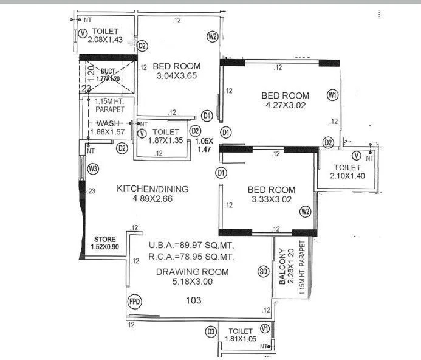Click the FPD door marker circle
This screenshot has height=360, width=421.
coord(134,302)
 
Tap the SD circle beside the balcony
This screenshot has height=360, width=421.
coord(263,271)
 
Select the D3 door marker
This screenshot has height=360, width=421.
coord(211,331)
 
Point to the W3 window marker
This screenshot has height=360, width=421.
coord(92,168)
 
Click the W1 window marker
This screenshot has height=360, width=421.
coord(332,95)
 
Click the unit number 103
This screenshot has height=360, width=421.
coord(193,300)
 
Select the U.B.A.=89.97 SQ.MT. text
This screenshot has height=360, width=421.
coord(191,245)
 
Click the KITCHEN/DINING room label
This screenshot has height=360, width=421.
coord(152,189)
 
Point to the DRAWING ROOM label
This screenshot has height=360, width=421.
coord(192,272)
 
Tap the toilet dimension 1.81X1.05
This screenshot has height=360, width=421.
coord(242,339)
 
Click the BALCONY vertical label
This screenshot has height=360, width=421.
coord(282,268)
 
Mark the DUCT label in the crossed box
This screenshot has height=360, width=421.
coord(109,71)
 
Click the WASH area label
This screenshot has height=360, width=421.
coord(109,123)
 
